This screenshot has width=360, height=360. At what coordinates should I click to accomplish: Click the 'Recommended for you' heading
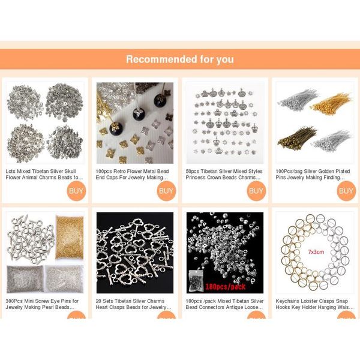pyautogui.click(x=180, y=59)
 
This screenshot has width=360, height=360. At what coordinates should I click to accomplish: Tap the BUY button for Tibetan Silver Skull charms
pyautogui.click(x=76, y=191)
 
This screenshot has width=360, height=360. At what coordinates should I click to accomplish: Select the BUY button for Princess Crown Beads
pyautogui.click(x=256, y=191)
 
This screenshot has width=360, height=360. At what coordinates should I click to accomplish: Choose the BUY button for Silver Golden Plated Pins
pyautogui.click(x=346, y=191)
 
